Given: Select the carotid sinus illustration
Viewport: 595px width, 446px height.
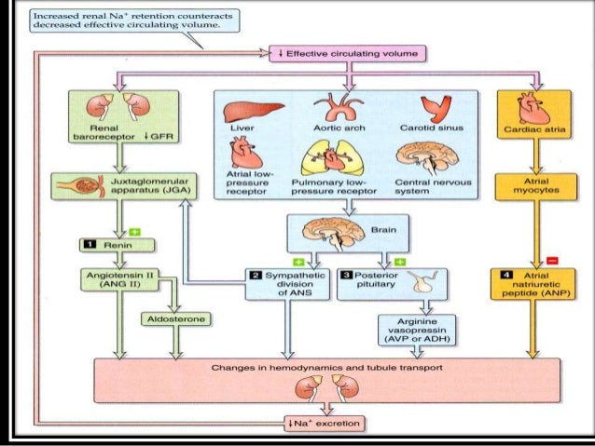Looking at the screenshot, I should click(x=435, y=111).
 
